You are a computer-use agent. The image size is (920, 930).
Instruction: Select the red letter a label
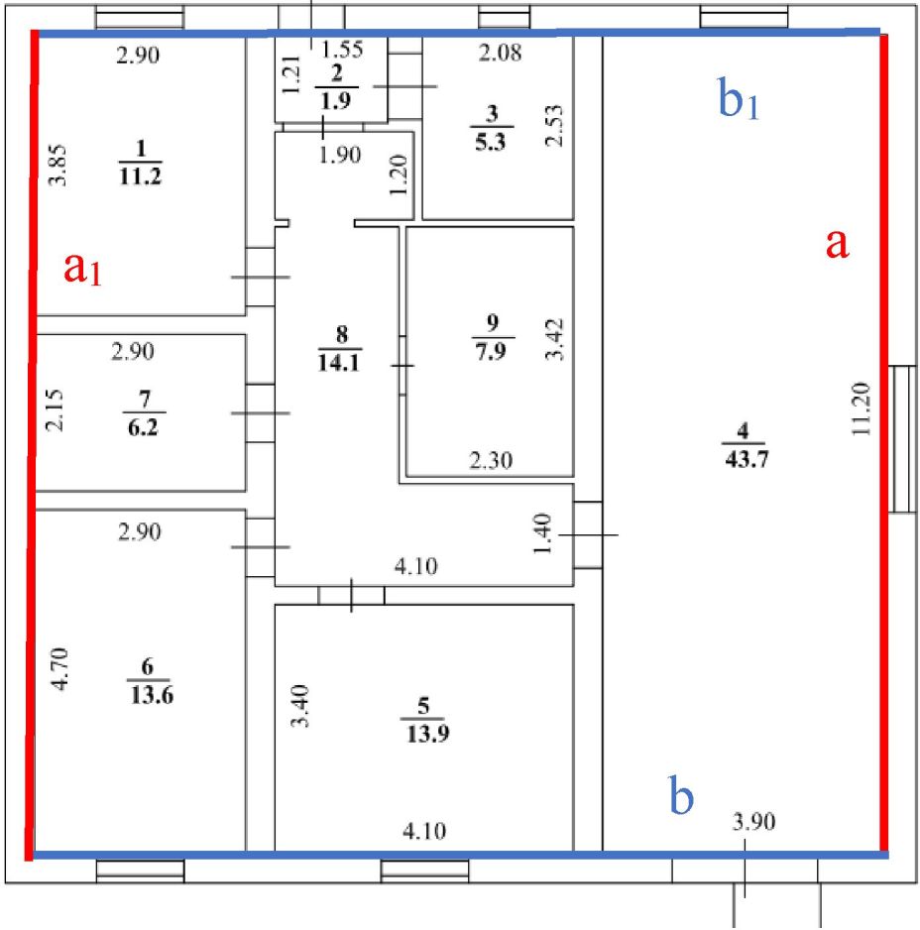point(838,243)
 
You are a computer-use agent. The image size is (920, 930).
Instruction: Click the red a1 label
point(83,268)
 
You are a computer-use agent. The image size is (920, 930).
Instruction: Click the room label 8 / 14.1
point(340,348)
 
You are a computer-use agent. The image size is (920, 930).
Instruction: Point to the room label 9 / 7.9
point(492,337)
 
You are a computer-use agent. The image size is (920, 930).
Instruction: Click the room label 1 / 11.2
point(140,163)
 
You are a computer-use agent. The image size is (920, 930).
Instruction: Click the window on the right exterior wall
point(902,438)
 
